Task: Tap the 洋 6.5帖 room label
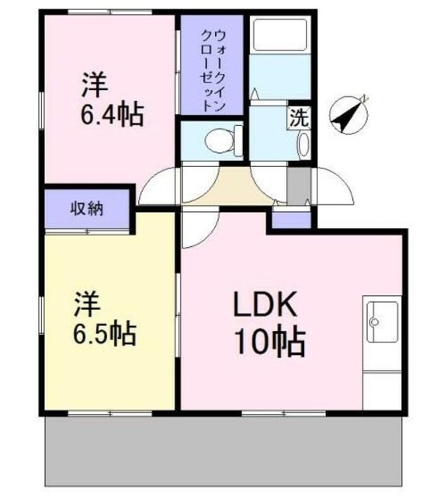[105, 318]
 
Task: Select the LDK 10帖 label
[268, 322]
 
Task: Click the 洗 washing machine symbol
[299, 119]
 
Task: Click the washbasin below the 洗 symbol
[303, 144]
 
